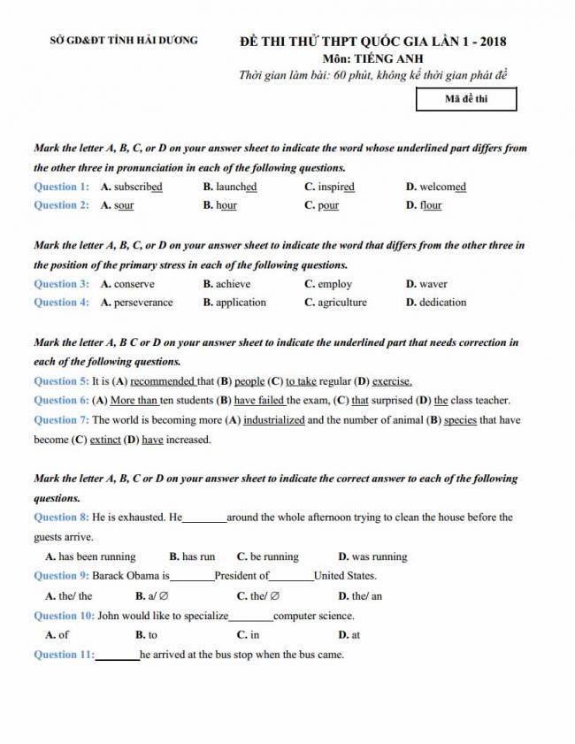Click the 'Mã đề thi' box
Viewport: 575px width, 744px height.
(x=466, y=99)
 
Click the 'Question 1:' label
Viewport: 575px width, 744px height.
(x=61, y=187)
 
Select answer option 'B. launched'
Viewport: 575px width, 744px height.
(x=230, y=187)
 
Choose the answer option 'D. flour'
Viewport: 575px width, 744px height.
(x=424, y=205)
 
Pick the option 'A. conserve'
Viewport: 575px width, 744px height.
(x=127, y=284)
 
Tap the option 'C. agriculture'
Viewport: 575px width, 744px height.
(x=335, y=302)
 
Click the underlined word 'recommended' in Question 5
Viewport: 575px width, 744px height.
(x=163, y=381)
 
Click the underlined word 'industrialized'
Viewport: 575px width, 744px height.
(x=274, y=420)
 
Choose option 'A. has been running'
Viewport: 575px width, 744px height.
(x=90, y=557)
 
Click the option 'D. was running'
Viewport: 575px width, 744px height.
(x=372, y=557)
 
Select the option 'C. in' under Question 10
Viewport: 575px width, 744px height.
(x=249, y=634)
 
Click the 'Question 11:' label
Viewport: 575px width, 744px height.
(x=64, y=655)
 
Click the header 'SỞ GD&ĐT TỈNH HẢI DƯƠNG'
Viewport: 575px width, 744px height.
(x=124, y=41)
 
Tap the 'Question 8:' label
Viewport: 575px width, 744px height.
(x=61, y=518)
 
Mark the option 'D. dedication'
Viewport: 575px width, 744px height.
(x=436, y=302)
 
